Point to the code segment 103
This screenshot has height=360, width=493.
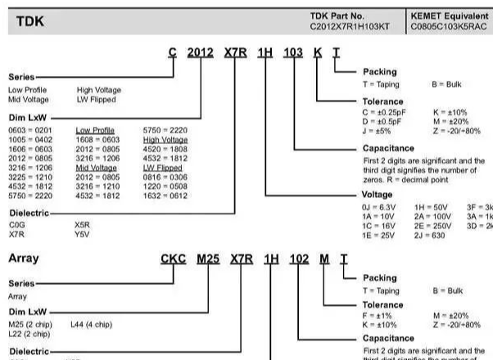coord(292,53)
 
